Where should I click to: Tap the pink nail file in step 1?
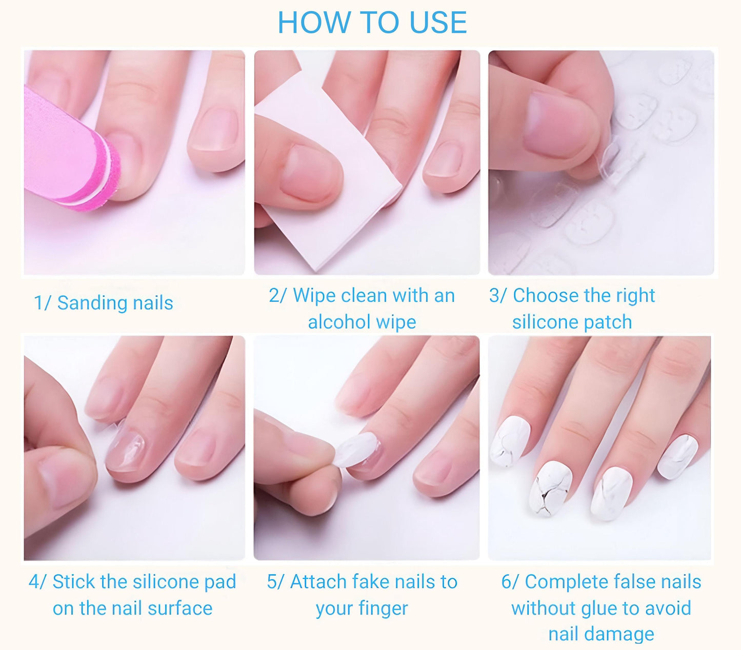point(70,154)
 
